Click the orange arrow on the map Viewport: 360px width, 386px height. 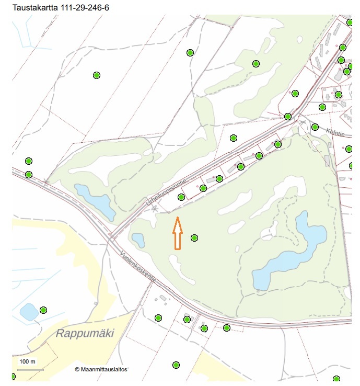pos(177,233)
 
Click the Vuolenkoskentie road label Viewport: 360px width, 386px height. pos(138,266)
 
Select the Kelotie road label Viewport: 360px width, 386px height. pos(335,132)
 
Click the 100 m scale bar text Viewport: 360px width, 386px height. pos(27,361)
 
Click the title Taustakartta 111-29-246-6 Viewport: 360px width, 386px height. pos(62,7)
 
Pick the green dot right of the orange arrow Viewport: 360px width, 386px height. pos(194,238)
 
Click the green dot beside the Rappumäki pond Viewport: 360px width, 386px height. pos(43,310)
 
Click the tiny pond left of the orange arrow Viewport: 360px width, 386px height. pos(138,240)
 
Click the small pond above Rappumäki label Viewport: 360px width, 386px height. pos(28,312)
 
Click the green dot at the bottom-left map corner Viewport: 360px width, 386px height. pos(13,377)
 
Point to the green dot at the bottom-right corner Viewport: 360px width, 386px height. pos(336,379)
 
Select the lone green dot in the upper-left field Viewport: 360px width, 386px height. pos(96,75)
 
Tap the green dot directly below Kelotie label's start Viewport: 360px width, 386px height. pos(315,127)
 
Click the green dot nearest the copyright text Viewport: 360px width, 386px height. pos(176,365)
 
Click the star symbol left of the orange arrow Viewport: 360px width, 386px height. pos(154,209)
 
